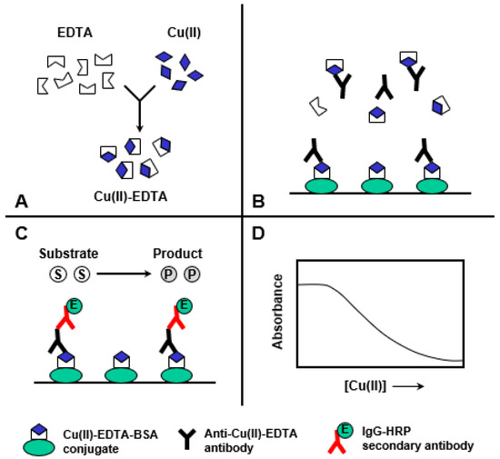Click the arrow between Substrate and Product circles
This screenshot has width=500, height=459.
coord(125,272)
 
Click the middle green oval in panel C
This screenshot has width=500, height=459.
coord(125,374)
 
